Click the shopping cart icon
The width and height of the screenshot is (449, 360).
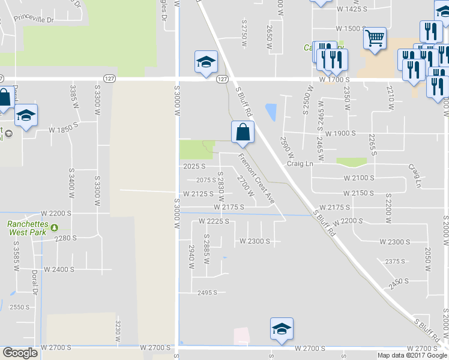[375, 39]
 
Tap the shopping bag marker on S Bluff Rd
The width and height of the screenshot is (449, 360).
[243, 133]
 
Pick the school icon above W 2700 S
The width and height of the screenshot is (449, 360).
[282, 329]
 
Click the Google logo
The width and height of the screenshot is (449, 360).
[20, 353]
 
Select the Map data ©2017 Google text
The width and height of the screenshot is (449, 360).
[411, 355]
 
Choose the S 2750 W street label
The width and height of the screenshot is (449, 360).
[244, 29]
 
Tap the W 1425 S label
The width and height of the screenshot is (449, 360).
[352, 10]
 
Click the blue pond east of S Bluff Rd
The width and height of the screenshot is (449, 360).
[271, 112]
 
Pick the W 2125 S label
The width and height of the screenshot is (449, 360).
[198, 193]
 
